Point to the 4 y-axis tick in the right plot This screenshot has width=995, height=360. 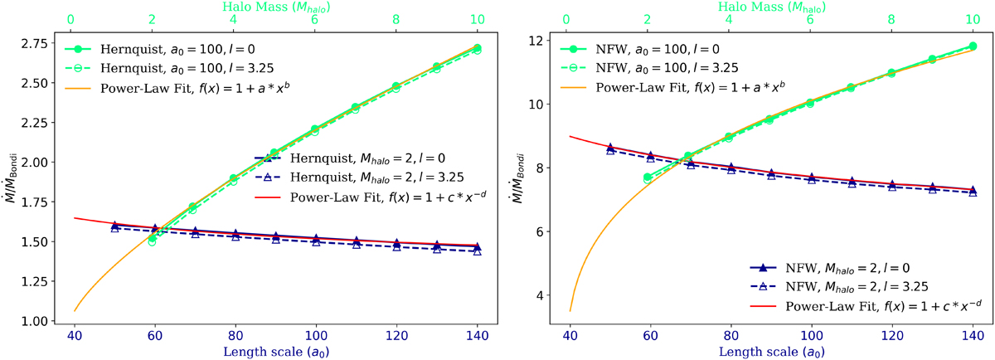546,295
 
